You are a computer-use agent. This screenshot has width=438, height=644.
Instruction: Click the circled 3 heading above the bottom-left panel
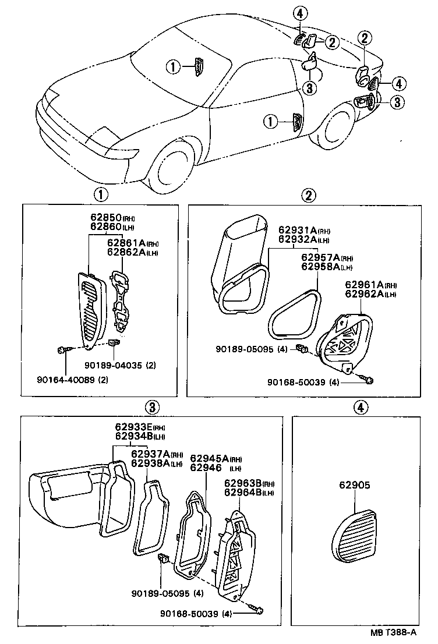(x=151, y=407)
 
